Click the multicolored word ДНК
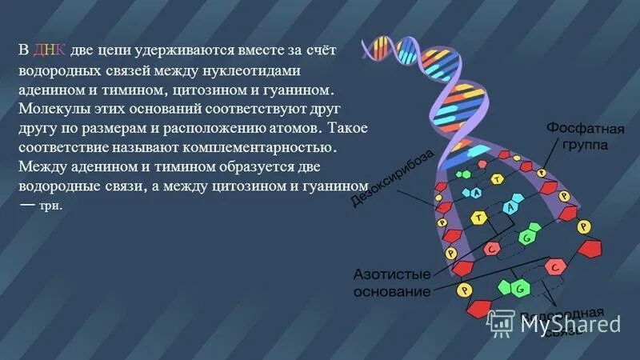coord(49,50)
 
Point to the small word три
coord(50,207)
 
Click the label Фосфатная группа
coord(577,136)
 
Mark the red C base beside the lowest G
coord(554,266)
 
